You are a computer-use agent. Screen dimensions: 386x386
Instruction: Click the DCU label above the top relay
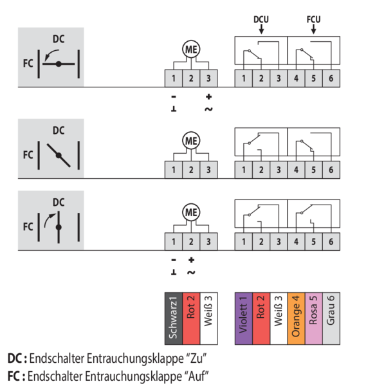[x=261, y=19]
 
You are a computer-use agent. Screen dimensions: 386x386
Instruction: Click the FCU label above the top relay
[x=313, y=19]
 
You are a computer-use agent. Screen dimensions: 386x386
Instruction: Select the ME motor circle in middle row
[x=190, y=140]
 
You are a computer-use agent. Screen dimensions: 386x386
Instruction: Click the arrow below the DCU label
[x=261, y=29]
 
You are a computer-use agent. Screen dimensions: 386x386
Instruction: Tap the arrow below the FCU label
[x=313, y=29]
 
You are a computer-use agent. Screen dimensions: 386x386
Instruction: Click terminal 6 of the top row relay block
[x=330, y=78]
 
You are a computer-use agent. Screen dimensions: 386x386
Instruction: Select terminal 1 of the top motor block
[x=174, y=78]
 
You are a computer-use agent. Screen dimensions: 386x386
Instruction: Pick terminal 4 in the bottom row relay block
[x=296, y=242]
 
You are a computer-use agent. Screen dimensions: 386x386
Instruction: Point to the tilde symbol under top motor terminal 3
[x=208, y=109]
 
